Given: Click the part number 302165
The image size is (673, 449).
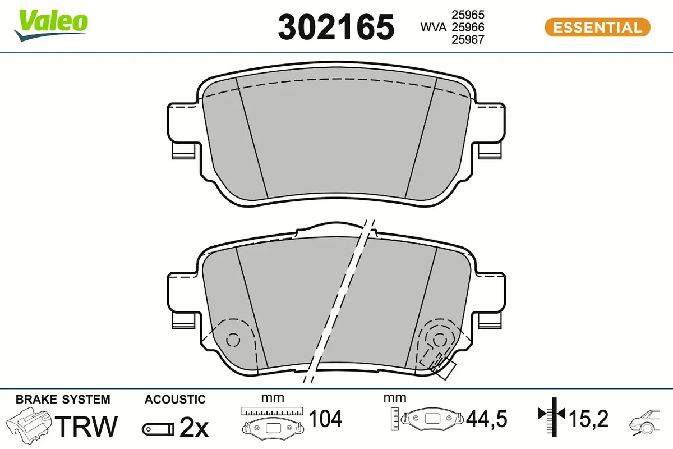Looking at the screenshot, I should coord(336,27).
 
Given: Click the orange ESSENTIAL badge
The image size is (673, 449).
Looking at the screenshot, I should coord(597,27).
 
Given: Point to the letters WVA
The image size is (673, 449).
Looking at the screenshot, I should coord(434,27).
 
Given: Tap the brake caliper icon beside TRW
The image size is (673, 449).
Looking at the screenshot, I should coord(30,425).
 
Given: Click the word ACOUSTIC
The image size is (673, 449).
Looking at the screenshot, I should coord(175,400).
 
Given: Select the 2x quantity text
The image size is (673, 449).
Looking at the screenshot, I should coord(193,428).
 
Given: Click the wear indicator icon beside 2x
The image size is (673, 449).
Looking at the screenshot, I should coord(157,429).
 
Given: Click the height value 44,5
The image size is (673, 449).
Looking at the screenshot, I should coord(486,418).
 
